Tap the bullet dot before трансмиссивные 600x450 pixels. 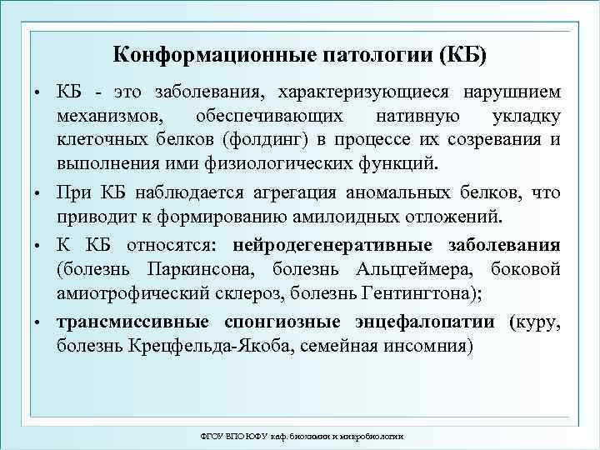click(x=37, y=322)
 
